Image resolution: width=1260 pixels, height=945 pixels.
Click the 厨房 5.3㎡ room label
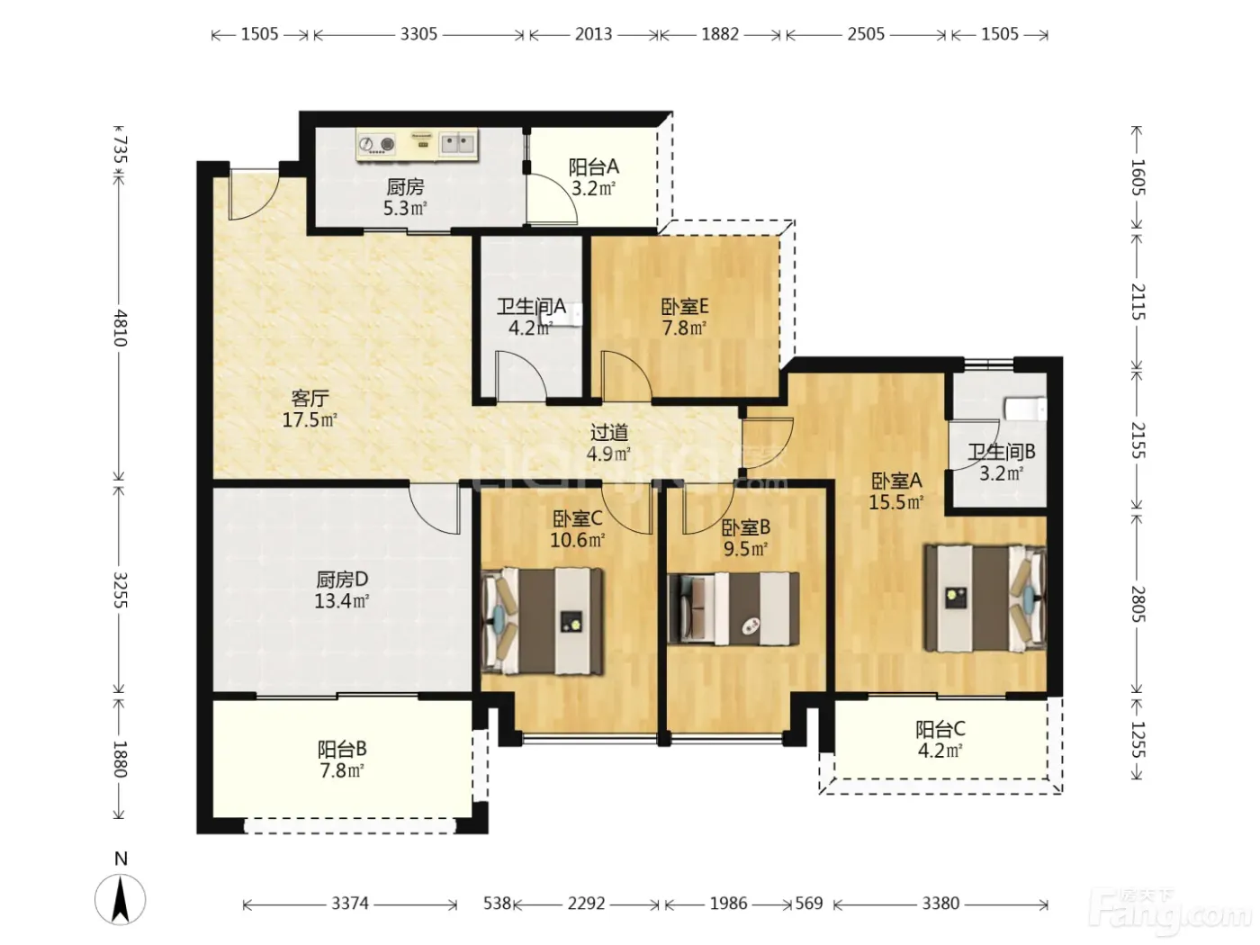405,197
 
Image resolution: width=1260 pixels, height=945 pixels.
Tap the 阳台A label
593,167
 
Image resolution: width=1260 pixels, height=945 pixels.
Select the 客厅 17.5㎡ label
310,409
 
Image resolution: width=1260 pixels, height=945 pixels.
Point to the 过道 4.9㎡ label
609,443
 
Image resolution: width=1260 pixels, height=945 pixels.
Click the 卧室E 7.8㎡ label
684,317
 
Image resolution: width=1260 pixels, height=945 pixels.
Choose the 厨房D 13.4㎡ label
341,589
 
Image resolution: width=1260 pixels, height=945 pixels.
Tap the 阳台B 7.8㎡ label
342,759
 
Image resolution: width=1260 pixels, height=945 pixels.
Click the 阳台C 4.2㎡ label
940,740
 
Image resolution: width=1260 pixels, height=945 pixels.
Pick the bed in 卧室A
985,598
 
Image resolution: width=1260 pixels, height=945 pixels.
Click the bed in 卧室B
733,608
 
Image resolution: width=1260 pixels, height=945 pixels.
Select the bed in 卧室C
543,620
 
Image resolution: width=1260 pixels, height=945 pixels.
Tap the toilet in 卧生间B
1025,409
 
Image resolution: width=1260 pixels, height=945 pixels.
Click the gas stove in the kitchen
377,143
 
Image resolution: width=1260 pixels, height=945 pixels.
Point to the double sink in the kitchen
458,143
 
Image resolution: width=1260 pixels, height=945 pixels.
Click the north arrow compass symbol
120,898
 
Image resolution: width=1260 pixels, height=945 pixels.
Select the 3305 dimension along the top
418,34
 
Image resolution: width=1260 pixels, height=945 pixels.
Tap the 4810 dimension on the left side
120,328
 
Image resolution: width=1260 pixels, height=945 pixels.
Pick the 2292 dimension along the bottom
586,904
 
